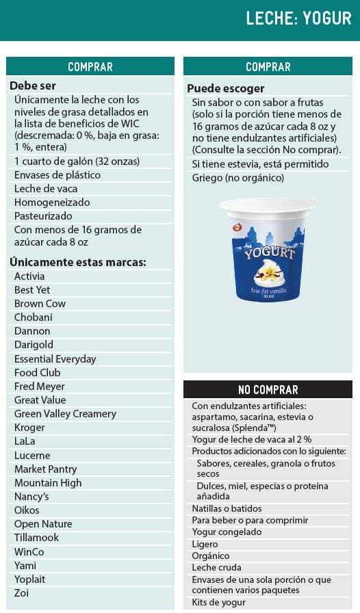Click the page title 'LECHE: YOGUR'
coord(298,18)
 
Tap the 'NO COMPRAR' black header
coord(268,390)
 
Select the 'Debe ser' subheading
coord(33,86)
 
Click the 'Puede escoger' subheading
coord(225,88)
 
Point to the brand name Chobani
coord(33,317)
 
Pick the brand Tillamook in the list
coord(36,538)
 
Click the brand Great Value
coord(40,400)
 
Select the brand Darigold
coord(34,345)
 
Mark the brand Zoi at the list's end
coord(22,593)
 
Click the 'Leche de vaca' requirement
coord(46,189)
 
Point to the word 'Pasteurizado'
coord(44,216)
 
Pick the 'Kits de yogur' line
coord(220,603)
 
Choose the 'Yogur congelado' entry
coord(227,532)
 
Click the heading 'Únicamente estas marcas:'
coord(77,262)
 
